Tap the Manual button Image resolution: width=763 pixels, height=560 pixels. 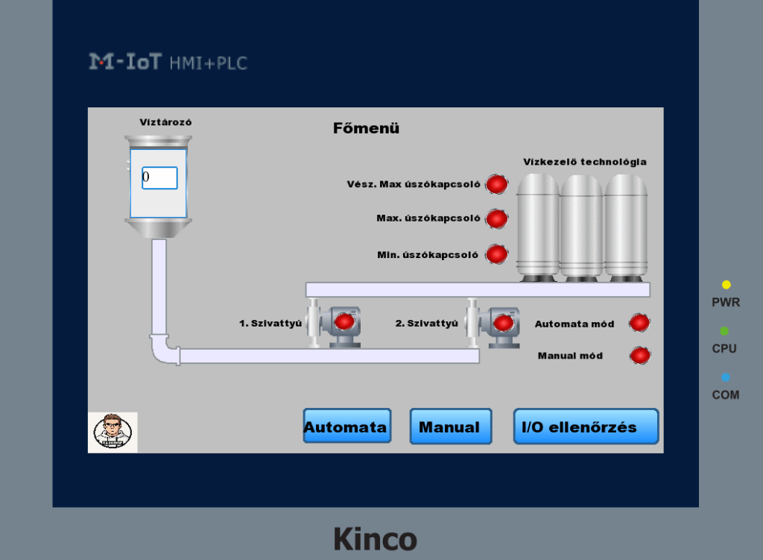click(x=450, y=427)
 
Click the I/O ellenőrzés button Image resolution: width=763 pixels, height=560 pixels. click(x=586, y=427)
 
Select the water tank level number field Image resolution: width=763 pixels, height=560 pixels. click(x=159, y=178)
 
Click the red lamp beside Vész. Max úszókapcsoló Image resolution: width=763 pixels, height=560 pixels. click(x=497, y=184)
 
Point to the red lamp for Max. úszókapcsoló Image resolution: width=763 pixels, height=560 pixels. click(x=497, y=218)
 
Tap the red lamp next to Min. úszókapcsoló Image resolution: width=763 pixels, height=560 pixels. click(x=497, y=254)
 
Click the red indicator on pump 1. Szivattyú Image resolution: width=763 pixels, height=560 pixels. click(x=344, y=321)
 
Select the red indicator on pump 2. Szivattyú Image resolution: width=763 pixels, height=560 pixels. click(x=504, y=323)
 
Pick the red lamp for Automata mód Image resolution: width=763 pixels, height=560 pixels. click(x=639, y=323)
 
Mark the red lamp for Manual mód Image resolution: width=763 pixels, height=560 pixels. click(x=639, y=356)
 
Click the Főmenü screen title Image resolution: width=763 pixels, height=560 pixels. click(x=366, y=128)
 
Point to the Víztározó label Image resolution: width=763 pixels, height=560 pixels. click(x=160, y=122)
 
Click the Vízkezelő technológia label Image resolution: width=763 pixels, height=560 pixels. click(x=584, y=162)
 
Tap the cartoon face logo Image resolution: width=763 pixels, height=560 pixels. click(x=113, y=432)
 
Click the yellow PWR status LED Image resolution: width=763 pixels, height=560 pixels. click(x=726, y=285)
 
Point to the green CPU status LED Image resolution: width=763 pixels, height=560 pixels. click(x=725, y=331)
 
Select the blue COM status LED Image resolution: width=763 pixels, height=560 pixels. click(x=725, y=377)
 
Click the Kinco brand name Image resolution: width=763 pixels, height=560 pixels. click(x=375, y=538)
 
